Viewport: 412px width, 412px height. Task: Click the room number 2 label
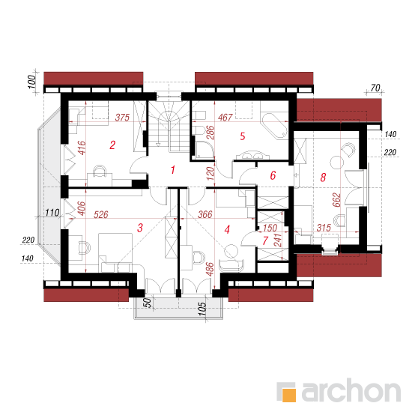coord(112,145)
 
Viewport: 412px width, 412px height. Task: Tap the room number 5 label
coord(243,136)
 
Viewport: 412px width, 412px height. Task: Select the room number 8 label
coord(323,178)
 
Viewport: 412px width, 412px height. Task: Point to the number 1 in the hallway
coord(172,170)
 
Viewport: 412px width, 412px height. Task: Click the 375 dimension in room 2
coord(122,117)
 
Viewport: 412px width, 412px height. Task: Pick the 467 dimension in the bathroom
coord(225,117)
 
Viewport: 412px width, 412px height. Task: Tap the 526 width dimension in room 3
coord(101,214)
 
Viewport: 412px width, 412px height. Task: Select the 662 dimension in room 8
coord(336,200)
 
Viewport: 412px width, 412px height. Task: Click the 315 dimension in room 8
coord(324,228)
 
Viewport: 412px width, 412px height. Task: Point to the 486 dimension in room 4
coord(210,270)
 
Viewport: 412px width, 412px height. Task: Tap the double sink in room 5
coord(252,155)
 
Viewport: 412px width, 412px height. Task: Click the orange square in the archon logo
coord(288,395)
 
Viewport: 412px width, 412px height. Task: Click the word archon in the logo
coord(351,390)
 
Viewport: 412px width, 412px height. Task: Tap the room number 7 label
coord(265,240)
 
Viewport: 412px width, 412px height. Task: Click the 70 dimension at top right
coord(375,88)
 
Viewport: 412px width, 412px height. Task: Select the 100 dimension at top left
coord(31,82)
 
